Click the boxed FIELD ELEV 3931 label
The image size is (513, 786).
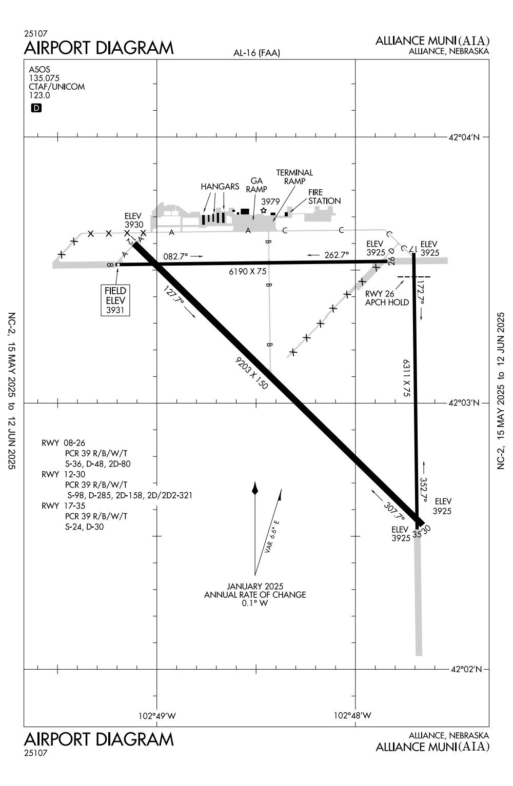pos(115,300)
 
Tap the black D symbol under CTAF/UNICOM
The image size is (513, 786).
pos(36,108)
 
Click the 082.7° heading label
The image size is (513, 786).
pos(176,256)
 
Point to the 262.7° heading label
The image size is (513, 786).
pos(336,255)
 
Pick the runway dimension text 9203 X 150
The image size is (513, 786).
pos(251,374)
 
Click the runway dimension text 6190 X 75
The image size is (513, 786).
pos(248,272)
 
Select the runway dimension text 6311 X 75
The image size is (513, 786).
pos(406,378)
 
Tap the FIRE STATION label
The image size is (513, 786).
pos(324,197)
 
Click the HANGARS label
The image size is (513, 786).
pos(220,187)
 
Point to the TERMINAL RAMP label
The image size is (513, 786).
pos(294,177)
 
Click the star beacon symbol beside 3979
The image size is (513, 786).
pos(264,210)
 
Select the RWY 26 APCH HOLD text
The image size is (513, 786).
pos(387,298)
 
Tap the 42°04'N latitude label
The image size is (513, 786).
pos(464,137)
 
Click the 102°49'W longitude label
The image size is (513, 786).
pos(157,716)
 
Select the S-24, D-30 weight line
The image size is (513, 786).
pos(85,527)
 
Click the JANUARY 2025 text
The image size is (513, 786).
pos(255,586)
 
